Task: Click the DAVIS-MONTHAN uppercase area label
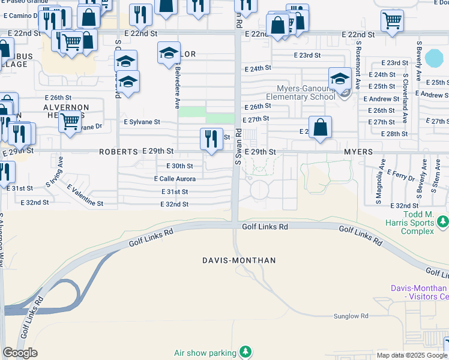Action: (239, 260)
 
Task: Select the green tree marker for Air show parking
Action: (245, 351)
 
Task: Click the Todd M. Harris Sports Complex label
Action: (410, 223)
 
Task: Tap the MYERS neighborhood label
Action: (359, 152)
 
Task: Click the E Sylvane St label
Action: (142, 122)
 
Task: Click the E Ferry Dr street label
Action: (402, 177)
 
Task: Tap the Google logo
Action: (20, 353)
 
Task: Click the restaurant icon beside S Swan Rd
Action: (211, 139)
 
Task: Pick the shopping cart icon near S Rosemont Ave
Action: (392, 20)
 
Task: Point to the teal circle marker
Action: (433, 58)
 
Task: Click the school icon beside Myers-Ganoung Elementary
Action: (340, 80)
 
